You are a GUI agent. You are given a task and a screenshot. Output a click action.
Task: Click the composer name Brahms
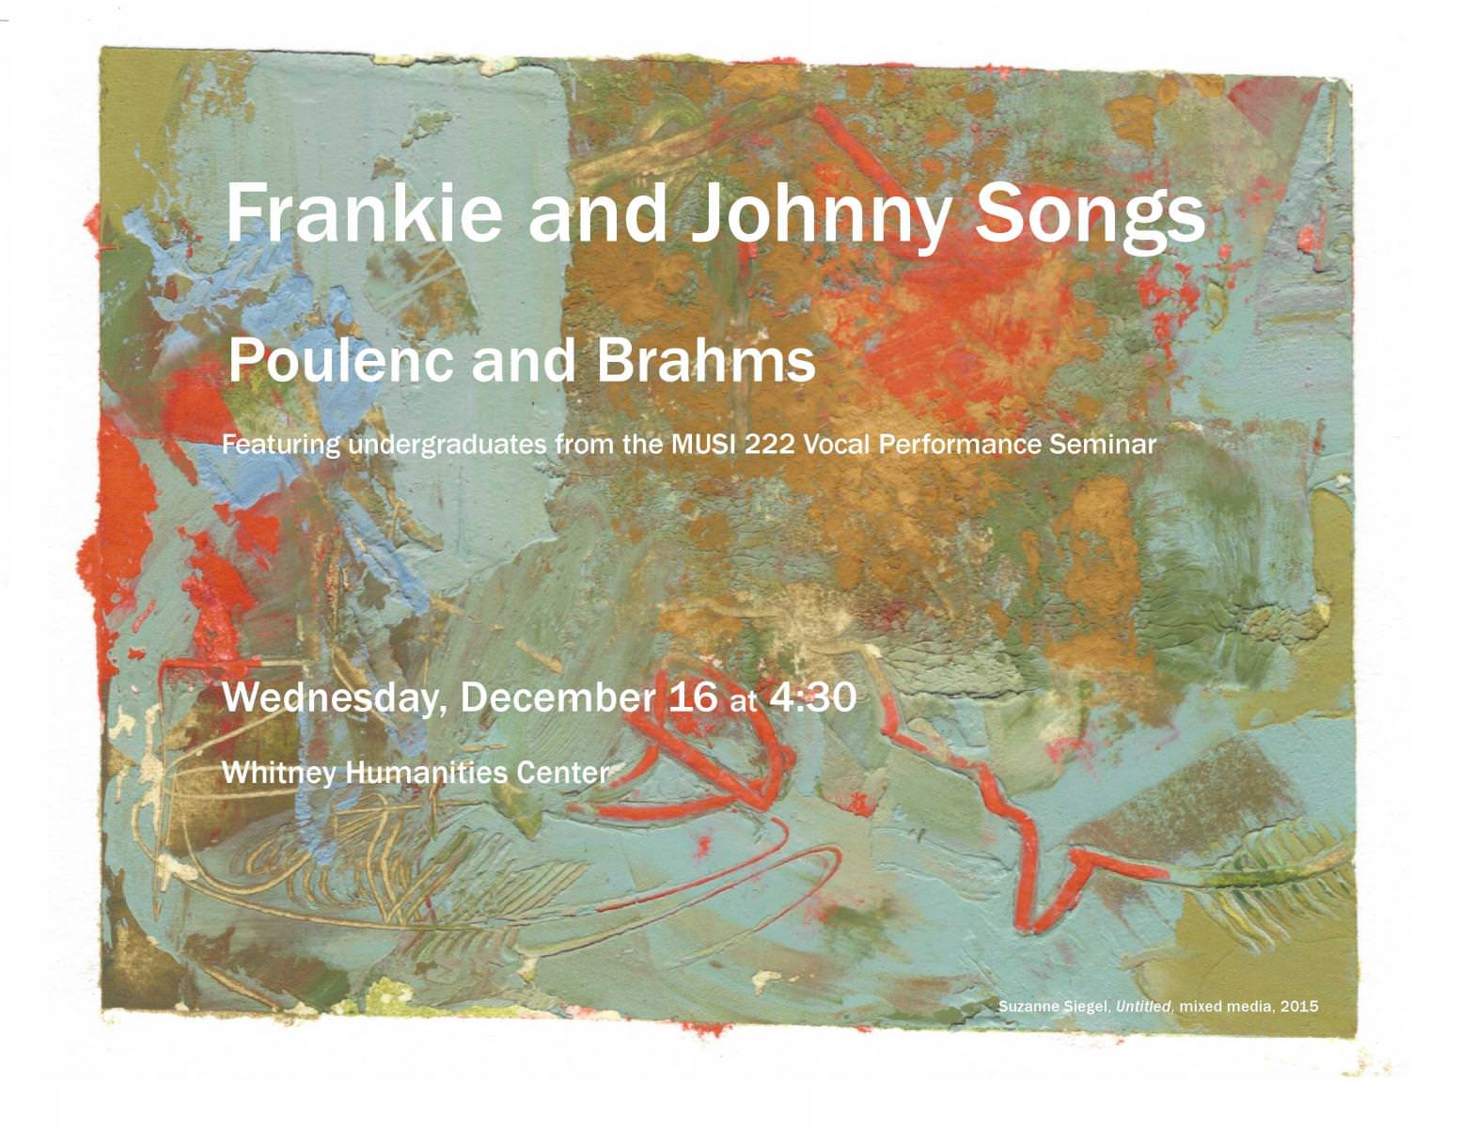point(706,361)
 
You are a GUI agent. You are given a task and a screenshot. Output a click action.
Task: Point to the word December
point(557,697)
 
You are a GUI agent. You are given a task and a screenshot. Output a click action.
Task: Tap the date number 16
point(692,697)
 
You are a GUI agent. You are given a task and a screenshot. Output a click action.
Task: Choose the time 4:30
point(812,697)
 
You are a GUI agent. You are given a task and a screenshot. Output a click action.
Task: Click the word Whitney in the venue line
point(278,774)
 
